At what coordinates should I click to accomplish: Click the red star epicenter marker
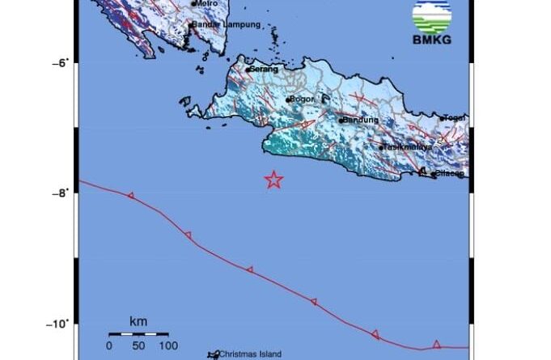coord(274,180)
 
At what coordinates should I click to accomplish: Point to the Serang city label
coord(266,70)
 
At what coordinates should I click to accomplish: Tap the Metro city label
coord(208,3)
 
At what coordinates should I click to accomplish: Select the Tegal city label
coord(456,118)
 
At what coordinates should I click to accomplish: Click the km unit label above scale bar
coord(138,322)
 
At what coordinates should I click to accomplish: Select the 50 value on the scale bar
coord(138,346)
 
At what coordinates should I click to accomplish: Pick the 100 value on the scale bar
coord(167,346)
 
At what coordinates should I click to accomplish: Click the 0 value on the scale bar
coord(109,346)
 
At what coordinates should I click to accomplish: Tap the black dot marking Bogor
coord(289,100)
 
